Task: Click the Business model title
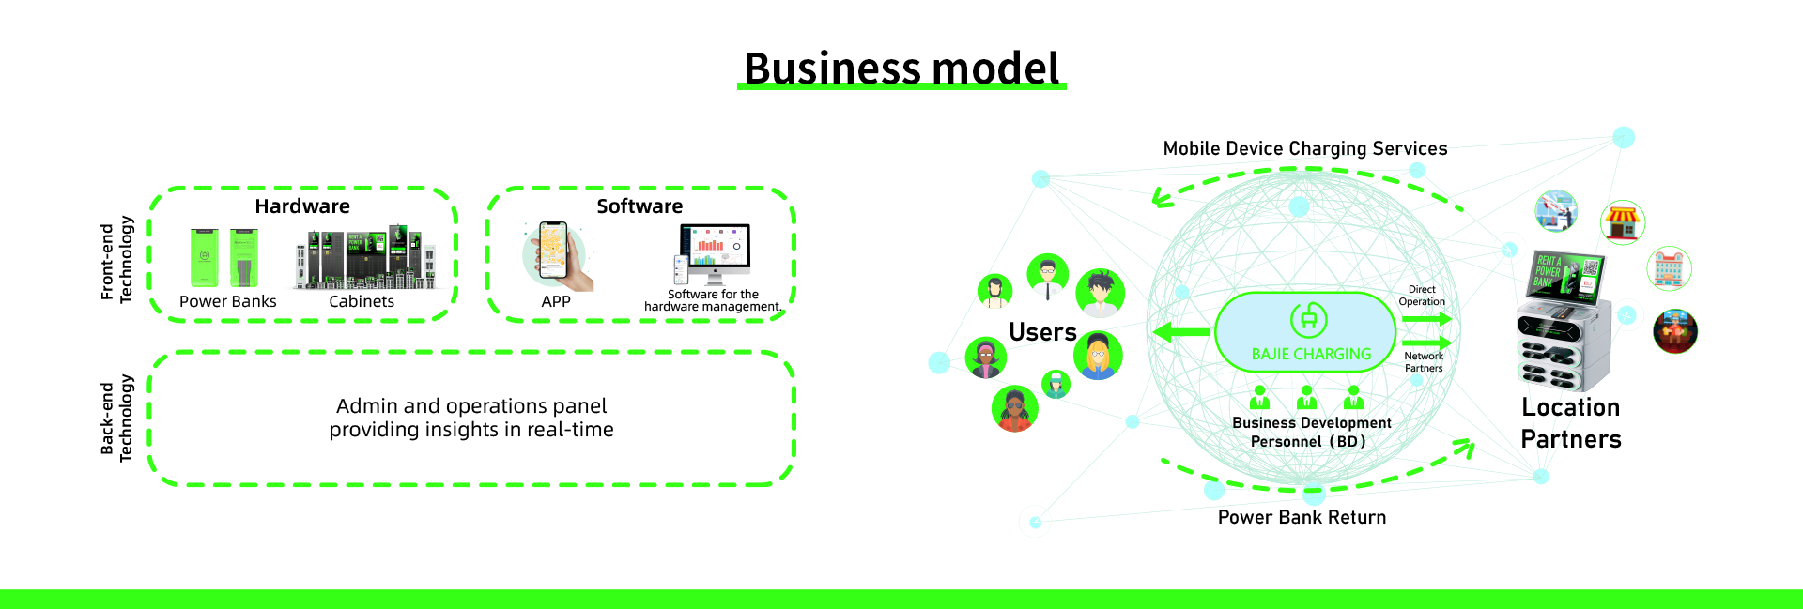click(901, 69)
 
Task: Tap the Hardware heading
click(302, 206)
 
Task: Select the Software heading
click(640, 206)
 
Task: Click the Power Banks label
click(227, 301)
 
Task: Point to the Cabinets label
click(362, 301)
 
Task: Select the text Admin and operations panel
click(471, 406)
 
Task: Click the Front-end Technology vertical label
click(116, 260)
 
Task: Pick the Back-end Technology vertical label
click(116, 419)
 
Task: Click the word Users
click(1042, 332)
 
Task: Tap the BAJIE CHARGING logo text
click(1311, 355)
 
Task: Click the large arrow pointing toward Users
click(1181, 331)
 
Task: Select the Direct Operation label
click(1422, 296)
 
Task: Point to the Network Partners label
click(1424, 362)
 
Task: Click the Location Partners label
click(1571, 423)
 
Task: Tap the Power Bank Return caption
click(1302, 517)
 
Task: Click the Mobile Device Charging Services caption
click(1305, 148)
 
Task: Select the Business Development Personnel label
click(1311, 433)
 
